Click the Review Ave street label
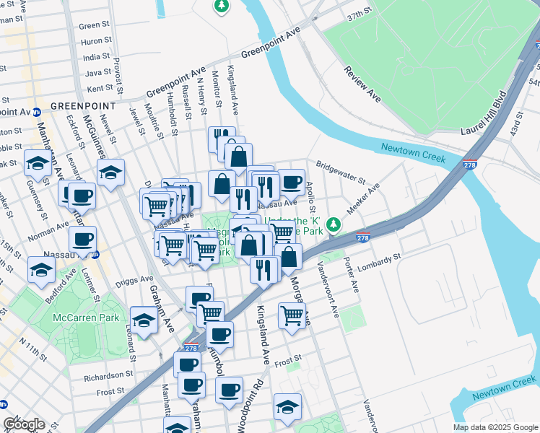(362, 83)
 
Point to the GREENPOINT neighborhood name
(79, 106)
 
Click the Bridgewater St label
(341, 173)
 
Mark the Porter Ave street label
(352, 274)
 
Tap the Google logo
(24, 424)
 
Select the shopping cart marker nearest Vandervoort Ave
(292, 315)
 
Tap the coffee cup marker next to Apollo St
(291, 182)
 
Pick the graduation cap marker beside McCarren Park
(144, 320)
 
